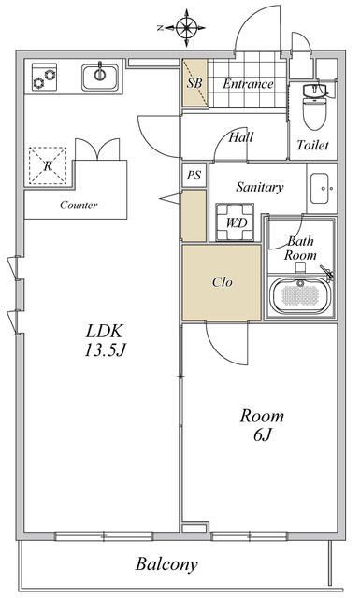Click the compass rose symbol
(x=187, y=27)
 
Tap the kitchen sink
(x=100, y=78)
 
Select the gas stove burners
(x=44, y=77)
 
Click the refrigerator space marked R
(x=48, y=166)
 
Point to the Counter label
(x=79, y=206)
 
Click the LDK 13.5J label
(x=105, y=340)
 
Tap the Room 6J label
(x=262, y=425)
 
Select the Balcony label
(x=166, y=564)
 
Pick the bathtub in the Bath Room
(x=299, y=295)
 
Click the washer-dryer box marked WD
(x=235, y=222)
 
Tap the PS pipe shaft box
(x=194, y=175)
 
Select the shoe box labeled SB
(x=194, y=83)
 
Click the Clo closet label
(x=223, y=282)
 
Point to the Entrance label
(x=248, y=83)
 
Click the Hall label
(x=241, y=137)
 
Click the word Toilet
(x=312, y=145)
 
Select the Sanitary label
(x=260, y=187)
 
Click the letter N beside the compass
(x=161, y=27)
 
